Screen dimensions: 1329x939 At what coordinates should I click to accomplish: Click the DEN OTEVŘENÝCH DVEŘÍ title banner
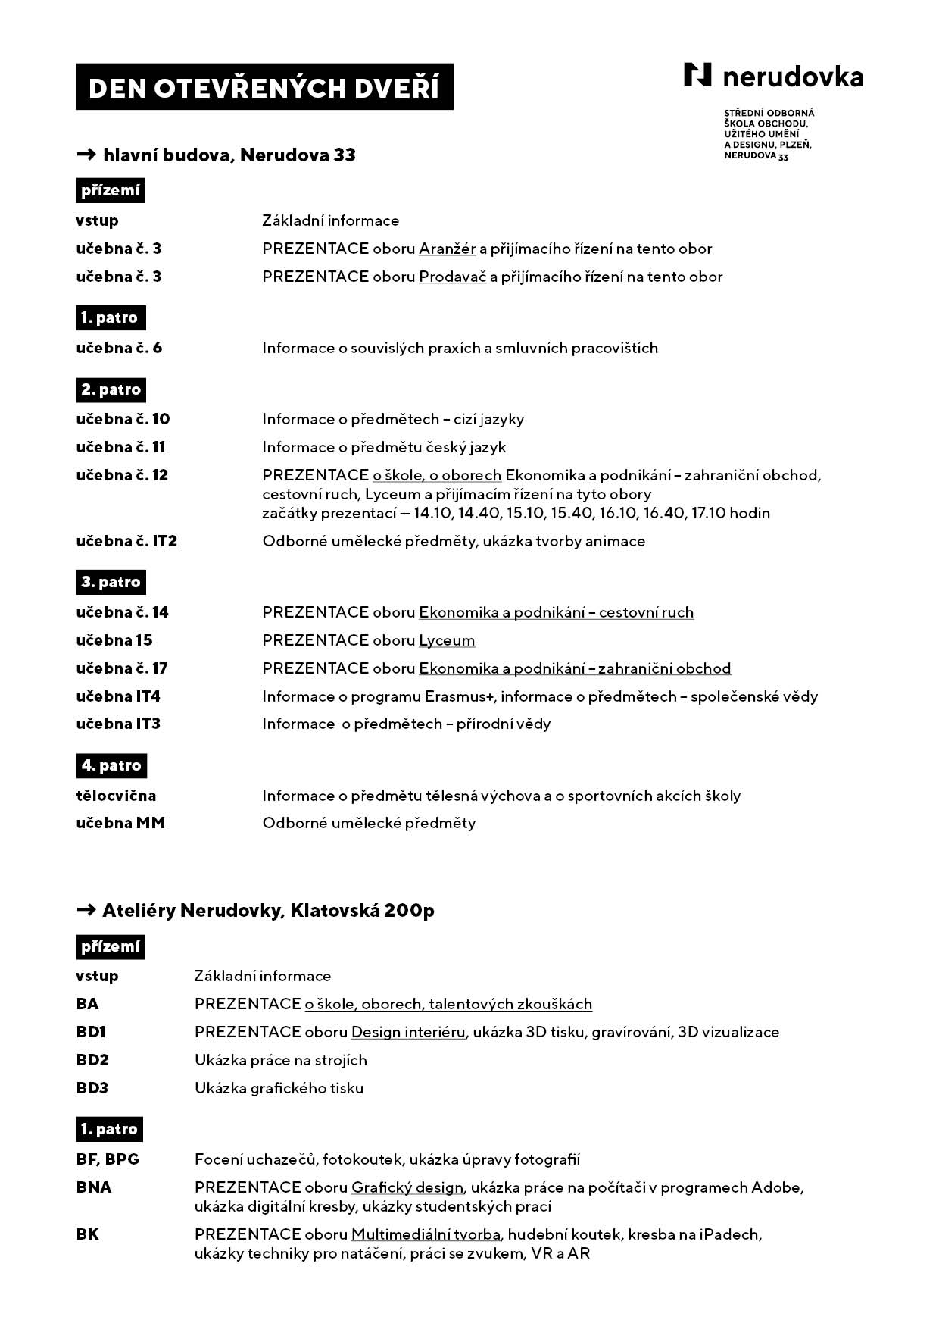point(264,88)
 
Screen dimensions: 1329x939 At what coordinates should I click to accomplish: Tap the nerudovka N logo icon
point(697,75)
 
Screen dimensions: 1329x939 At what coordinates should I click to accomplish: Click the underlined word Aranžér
point(448,249)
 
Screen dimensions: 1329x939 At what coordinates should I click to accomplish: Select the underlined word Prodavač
point(452,277)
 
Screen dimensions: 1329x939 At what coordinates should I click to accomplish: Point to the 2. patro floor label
point(111,389)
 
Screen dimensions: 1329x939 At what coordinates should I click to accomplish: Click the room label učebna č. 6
point(119,348)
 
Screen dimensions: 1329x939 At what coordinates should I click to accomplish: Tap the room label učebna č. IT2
point(126,541)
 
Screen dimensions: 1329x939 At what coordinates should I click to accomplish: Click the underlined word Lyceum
point(447,640)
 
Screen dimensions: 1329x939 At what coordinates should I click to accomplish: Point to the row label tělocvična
point(116,796)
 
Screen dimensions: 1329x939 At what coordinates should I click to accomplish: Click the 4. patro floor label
point(111,765)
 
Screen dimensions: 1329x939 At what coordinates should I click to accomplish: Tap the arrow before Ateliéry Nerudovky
point(86,909)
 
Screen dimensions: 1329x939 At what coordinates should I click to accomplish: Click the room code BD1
point(91,1032)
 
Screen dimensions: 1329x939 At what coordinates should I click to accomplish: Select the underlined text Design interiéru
point(408,1032)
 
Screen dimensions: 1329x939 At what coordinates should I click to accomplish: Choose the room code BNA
point(94,1187)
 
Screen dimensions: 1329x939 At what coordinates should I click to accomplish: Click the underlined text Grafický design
point(407,1187)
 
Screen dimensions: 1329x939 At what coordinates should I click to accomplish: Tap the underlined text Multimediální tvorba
point(426,1234)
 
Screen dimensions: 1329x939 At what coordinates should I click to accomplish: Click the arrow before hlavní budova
point(86,155)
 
